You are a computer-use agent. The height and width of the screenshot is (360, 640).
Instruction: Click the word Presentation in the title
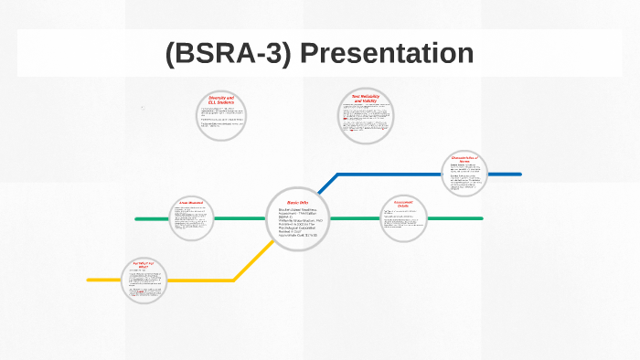387,54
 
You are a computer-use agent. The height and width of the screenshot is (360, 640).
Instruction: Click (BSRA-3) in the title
229,54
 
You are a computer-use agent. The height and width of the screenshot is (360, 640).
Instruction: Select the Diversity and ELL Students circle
221,116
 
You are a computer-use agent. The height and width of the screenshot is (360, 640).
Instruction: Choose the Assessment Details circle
403,218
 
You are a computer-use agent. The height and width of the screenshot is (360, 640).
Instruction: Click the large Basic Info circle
298,219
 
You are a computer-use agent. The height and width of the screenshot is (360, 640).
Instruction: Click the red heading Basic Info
298,202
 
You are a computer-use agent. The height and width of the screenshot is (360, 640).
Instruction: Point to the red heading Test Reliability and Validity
366,98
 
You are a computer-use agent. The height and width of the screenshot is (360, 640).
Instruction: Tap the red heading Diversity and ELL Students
221,99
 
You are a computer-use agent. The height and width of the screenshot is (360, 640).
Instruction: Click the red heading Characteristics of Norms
468,159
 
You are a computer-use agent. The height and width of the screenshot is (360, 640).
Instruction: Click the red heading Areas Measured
191,203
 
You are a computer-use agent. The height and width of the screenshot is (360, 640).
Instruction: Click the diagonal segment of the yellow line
251,260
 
